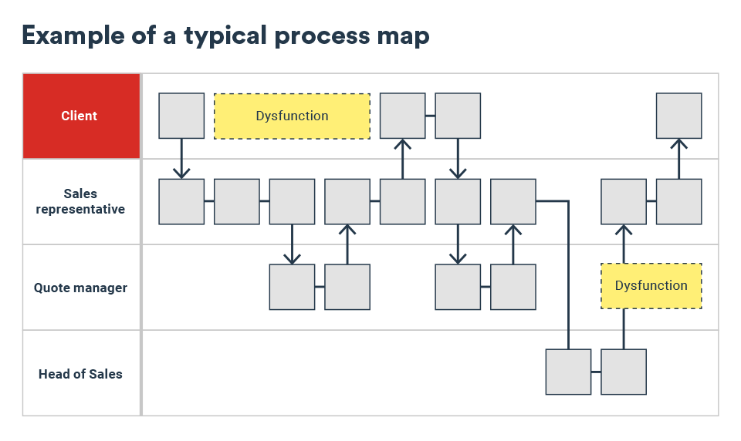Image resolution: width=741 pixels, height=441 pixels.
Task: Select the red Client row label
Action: coord(80,116)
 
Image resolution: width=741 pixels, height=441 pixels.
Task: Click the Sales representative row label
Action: coord(80,201)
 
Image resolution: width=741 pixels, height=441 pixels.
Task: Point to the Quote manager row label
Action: coord(80,288)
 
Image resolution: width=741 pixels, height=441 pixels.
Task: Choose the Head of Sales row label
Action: coord(80,374)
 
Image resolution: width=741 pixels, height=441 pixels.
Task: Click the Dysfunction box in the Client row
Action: coord(292,116)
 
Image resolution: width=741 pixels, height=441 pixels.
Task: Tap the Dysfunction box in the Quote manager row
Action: coord(651,286)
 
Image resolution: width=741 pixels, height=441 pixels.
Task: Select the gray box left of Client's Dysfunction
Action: coord(181,116)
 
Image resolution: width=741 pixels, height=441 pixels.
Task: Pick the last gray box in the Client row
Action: coord(678,116)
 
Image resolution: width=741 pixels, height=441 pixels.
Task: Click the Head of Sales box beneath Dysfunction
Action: coord(624,372)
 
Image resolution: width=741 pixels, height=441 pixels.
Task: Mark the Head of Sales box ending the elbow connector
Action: coord(568,372)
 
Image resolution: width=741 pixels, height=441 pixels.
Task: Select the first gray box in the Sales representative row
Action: coord(181,201)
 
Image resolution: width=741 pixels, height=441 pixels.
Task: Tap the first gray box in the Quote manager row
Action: coord(292,287)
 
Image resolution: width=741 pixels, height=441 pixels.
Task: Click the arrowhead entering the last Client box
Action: coord(678,143)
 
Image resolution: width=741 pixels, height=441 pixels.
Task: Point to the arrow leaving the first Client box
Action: coord(181,158)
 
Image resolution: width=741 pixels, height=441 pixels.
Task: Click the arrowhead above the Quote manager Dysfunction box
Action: coord(624,229)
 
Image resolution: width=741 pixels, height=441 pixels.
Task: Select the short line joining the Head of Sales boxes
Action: coord(596,372)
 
